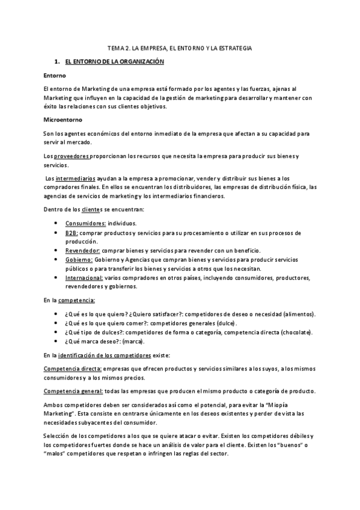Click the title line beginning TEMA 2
point(180,47)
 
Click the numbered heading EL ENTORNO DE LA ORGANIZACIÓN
point(114,62)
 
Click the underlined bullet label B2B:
point(72,232)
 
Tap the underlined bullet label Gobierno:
point(80,259)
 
